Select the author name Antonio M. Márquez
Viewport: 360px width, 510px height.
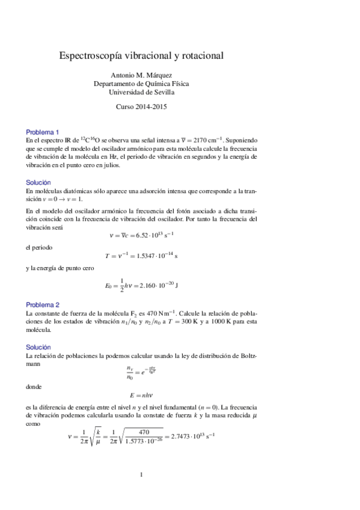point(141,75)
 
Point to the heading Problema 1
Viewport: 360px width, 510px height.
point(42,132)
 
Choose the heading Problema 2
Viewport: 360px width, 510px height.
point(42,305)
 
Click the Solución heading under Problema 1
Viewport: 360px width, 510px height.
point(38,182)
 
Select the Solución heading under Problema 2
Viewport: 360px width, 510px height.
point(38,347)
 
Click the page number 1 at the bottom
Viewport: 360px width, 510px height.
point(141,475)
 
